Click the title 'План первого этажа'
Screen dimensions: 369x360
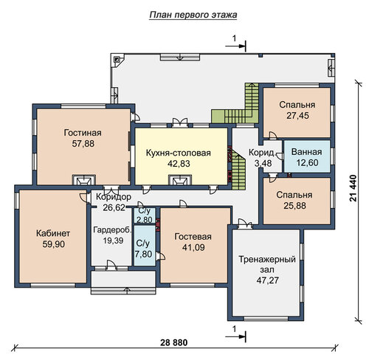pyautogui.click(x=193, y=15)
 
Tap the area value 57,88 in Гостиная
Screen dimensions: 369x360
pyautogui.click(x=83, y=144)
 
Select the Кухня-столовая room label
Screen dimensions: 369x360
pyautogui.click(x=179, y=153)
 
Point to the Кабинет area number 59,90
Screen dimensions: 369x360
pyautogui.click(x=54, y=244)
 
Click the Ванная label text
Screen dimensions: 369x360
pyautogui.click(x=307, y=152)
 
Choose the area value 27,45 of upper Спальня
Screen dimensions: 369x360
pyautogui.click(x=297, y=116)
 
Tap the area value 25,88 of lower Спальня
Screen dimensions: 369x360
pyautogui.click(x=294, y=206)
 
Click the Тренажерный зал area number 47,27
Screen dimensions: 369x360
pyautogui.click(x=267, y=280)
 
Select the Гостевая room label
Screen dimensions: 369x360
pyautogui.click(x=193, y=237)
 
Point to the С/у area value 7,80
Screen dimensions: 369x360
pyautogui.click(x=144, y=254)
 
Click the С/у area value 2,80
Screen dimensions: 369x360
pyautogui.click(x=144, y=219)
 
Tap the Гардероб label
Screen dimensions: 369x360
pyautogui.click(x=112, y=230)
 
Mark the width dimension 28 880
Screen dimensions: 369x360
pyautogui.click(x=174, y=342)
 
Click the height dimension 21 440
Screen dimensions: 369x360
pyautogui.click(x=354, y=188)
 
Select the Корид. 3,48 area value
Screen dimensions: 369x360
pyautogui.click(x=263, y=163)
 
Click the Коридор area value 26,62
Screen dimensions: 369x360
pyautogui.click(x=114, y=207)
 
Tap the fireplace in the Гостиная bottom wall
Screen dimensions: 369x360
pyautogui.click(x=83, y=180)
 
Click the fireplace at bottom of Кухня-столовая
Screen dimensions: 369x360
pyautogui.click(x=180, y=180)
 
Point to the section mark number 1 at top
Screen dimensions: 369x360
pyautogui.click(x=234, y=38)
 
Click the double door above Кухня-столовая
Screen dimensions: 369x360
pyautogui.click(x=180, y=123)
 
